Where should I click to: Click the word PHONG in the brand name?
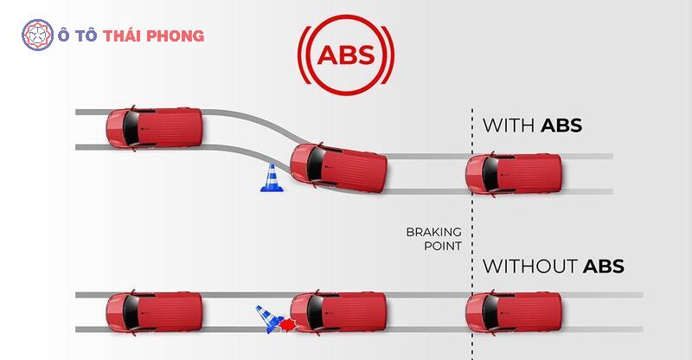click(178, 36)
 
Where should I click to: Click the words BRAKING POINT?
click(433, 239)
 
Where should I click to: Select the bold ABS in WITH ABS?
click(561, 125)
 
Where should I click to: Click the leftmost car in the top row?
click(153, 128)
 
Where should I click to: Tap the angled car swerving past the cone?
click(338, 168)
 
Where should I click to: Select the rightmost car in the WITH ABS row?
click(515, 173)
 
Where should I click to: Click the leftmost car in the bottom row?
click(153, 311)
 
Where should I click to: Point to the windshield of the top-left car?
click(131, 128)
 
